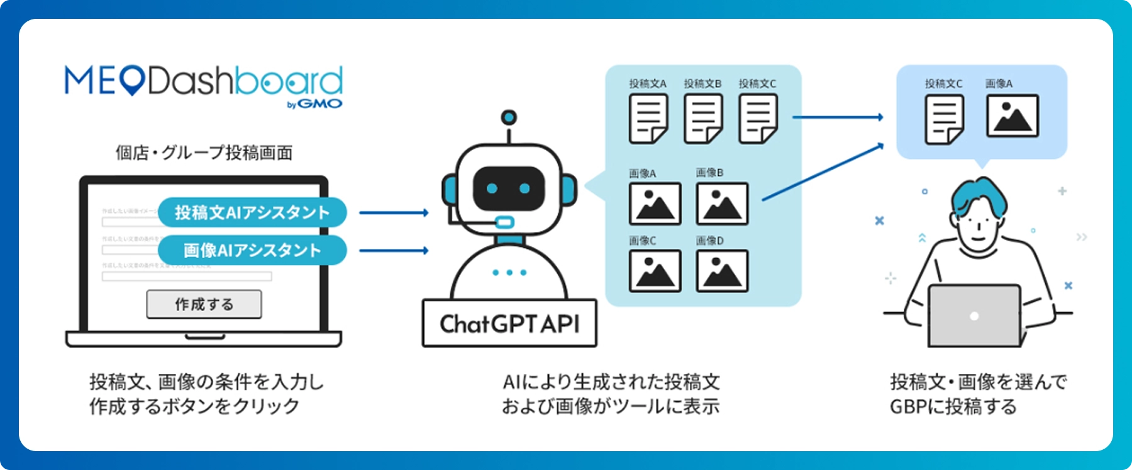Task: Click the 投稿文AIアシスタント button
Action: click(252, 212)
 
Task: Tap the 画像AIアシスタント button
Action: click(252, 250)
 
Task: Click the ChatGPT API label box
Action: click(509, 324)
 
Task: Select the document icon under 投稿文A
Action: click(648, 118)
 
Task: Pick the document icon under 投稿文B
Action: click(703, 118)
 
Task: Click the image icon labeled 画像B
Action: click(722, 204)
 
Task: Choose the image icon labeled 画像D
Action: click(722, 271)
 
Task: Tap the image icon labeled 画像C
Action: click(655, 271)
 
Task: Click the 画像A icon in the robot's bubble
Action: click(655, 204)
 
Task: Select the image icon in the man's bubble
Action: click(1012, 116)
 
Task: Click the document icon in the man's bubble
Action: click(944, 119)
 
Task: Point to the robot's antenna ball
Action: click(509, 117)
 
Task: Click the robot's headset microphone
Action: click(504, 222)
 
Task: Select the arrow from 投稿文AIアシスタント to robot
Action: click(394, 213)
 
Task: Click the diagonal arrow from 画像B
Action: click(823, 172)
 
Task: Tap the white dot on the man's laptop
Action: click(974, 316)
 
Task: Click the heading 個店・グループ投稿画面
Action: click(204, 153)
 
